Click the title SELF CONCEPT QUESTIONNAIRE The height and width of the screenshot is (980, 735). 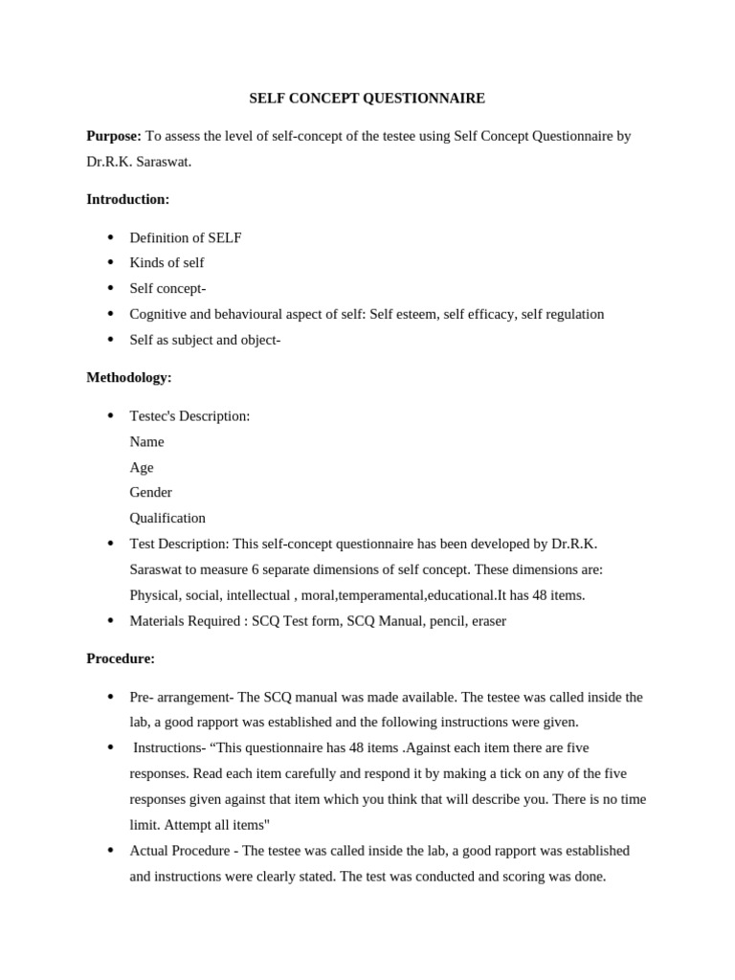pos(367,98)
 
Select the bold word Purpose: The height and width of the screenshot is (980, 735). pos(114,136)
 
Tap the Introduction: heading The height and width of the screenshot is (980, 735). pos(127,199)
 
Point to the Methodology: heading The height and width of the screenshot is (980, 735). pos(129,377)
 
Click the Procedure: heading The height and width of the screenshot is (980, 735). pos(121,658)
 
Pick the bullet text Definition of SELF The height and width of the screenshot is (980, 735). pos(186,237)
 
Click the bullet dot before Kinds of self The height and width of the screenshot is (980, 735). pos(110,262)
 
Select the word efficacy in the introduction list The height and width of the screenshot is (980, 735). pos(489,314)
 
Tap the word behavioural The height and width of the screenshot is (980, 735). pos(237,314)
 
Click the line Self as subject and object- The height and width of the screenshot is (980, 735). pos(205,339)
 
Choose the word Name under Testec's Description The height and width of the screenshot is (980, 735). pos(146,441)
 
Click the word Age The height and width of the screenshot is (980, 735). pos(142,467)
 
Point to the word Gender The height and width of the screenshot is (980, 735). pos(151,492)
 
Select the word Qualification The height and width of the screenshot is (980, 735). pos(167,518)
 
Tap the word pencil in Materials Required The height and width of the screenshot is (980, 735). pos(442,620)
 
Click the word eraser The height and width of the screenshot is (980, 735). pos(486,620)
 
